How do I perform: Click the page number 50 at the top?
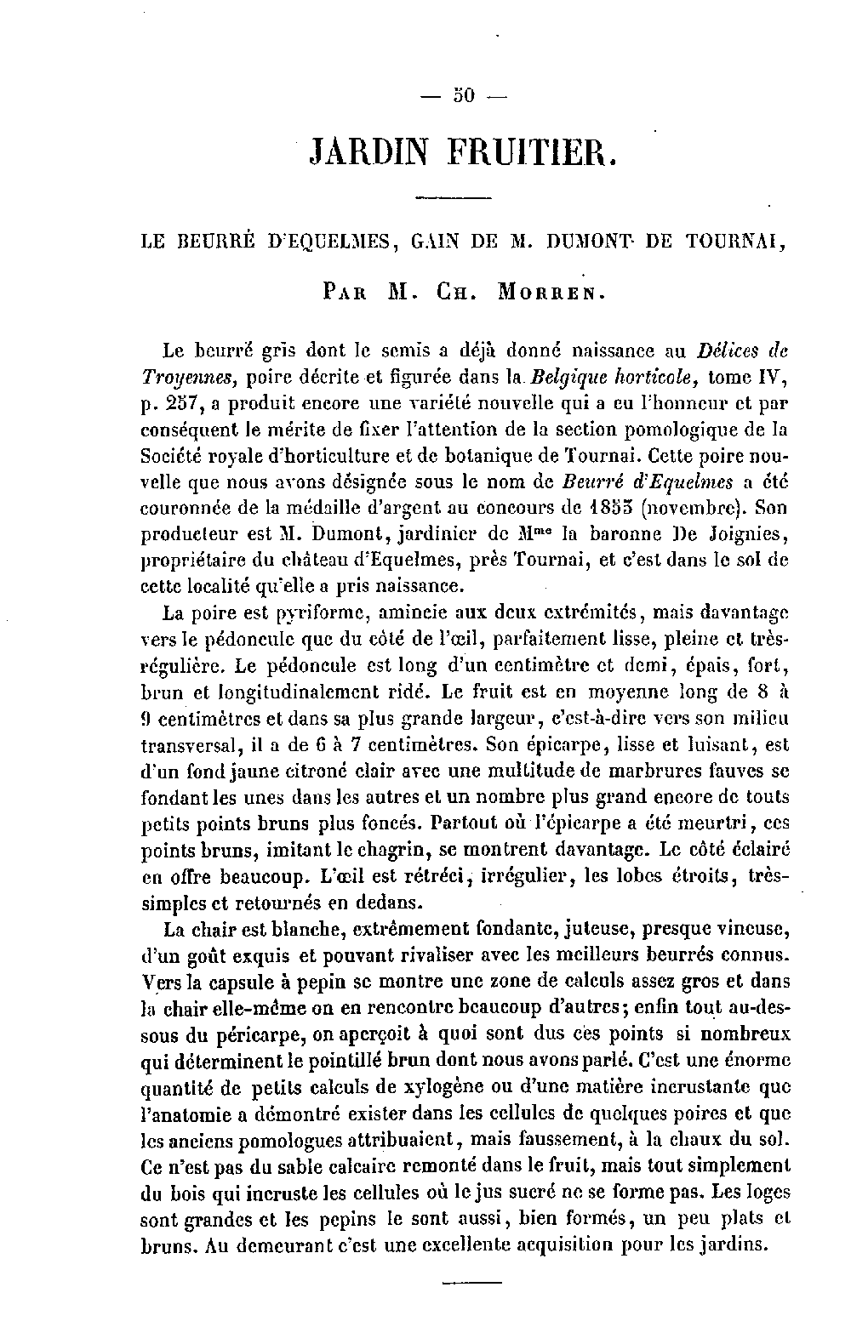pyautogui.click(x=464, y=95)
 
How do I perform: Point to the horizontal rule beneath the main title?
pyautogui.click(x=454, y=199)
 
